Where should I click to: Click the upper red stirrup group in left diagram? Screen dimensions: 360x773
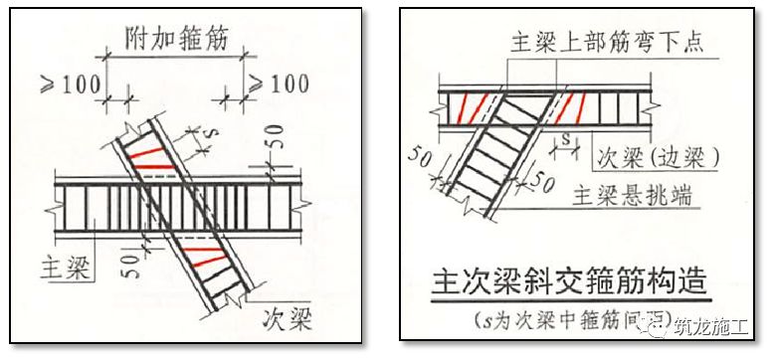point(149,154)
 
